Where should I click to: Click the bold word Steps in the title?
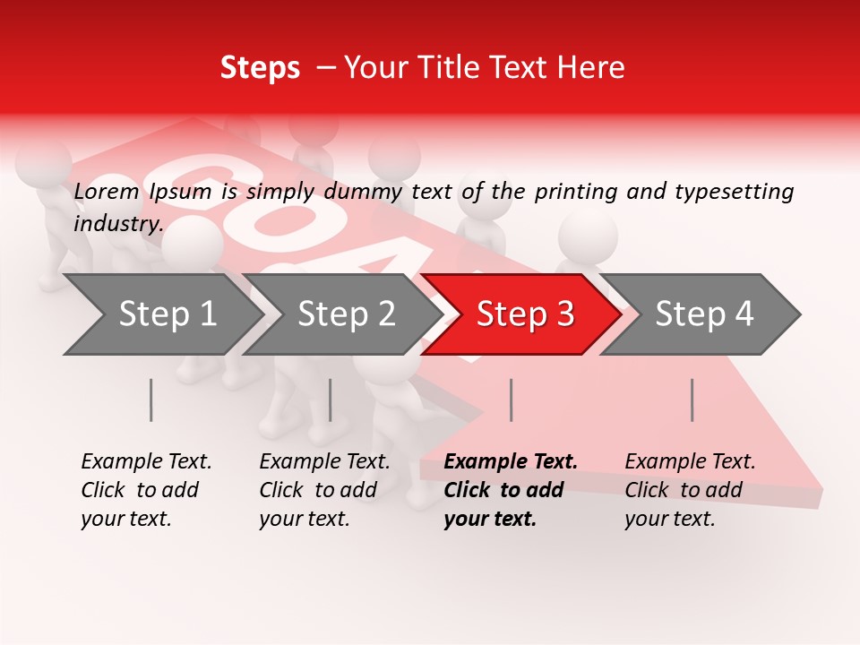(260, 68)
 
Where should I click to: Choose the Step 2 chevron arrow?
(340, 314)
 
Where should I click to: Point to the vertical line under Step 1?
(151, 400)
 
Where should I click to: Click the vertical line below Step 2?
(331, 400)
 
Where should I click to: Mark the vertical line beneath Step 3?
(511, 400)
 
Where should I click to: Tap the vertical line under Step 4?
(692, 400)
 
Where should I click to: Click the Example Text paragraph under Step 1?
(146, 490)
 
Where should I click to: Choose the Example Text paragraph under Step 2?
(324, 490)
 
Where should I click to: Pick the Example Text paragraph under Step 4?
(690, 490)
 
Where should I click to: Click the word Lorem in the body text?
(107, 192)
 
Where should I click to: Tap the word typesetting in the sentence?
(734, 192)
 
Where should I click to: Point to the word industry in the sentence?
(117, 223)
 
